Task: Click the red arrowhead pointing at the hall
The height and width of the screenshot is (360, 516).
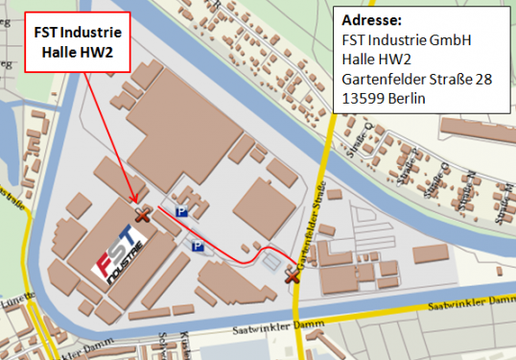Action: click(135, 202)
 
